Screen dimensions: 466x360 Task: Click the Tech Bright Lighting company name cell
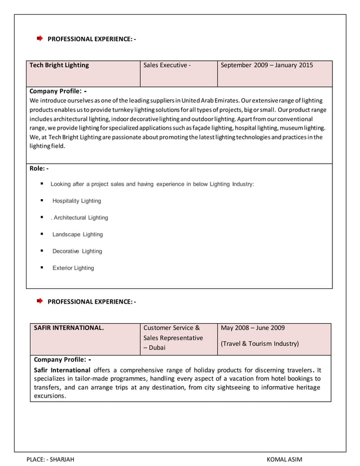point(59,65)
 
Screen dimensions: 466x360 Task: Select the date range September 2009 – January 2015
point(266,65)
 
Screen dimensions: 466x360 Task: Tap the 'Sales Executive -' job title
point(167,65)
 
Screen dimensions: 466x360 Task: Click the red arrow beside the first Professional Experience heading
point(39,38)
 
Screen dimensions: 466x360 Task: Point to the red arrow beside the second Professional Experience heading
point(39,301)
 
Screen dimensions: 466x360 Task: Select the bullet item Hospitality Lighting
point(77,201)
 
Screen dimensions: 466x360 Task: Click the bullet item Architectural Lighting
point(80,218)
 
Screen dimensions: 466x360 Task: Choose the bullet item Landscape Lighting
point(78,235)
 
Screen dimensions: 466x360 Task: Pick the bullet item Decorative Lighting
point(77,251)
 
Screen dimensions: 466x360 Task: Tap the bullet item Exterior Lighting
point(73,268)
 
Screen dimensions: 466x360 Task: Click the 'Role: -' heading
point(39,169)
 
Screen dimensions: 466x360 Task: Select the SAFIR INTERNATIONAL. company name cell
point(69,328)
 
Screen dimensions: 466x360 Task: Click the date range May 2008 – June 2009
point(253,328)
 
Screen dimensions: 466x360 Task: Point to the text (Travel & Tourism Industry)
point(260,344)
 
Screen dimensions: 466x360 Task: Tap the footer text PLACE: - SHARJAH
point(50,459)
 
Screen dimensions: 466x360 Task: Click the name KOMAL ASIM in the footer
point(285,459)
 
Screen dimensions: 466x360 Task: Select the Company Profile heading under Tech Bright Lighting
point(58,91)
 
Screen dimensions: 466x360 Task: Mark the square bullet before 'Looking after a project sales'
point(42,184)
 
